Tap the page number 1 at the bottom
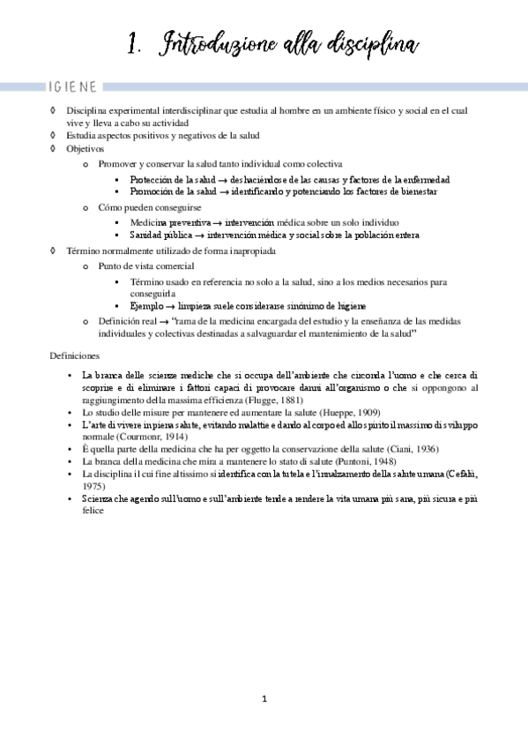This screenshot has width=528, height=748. pos(264,699)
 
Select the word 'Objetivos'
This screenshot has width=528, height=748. pos(85,149)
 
